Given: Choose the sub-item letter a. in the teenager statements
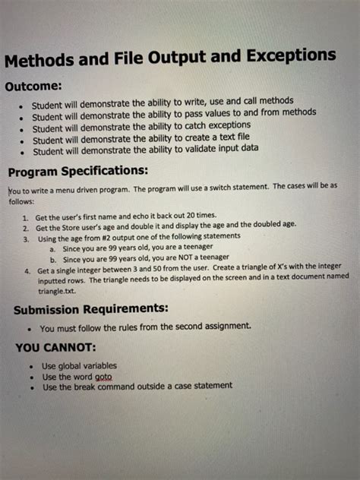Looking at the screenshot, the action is point(52,248).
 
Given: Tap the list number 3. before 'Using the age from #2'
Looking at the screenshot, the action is point(26,238).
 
